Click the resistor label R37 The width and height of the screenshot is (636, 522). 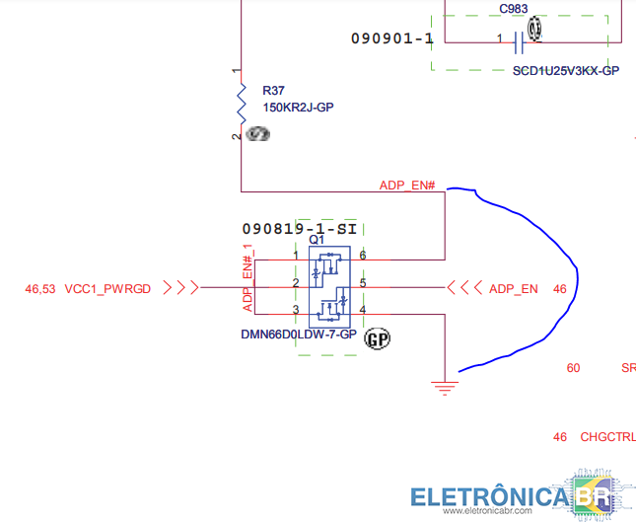pyautogui.click(x=273, y=90)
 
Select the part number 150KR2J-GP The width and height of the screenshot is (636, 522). pyautogui.click(x=298, y=107)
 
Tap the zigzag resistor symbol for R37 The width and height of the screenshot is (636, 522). pyautogui.click(x=242, y=101)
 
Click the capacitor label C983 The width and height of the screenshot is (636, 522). pyautogui.click(x=513, y=9)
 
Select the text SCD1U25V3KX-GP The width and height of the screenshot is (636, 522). pyautogui.click(x=565, y=71)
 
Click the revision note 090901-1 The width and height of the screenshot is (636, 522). pyautogui.click(x=391, y=38)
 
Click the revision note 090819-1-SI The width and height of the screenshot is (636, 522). pyautogui.click(x=299, y=229)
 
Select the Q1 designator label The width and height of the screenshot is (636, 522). pyautogui.click(x=316, y=240)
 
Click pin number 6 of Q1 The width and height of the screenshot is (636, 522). pyautogui.click(x=363, y=256)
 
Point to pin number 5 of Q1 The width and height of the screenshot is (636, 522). pyautogui.click(x=363, y=283)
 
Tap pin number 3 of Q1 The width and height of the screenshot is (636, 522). pyautogui.click(x=295, y=311)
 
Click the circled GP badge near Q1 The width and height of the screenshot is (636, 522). pyautogui.click(x=378, y=339)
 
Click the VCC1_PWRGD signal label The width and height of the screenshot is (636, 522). pyautogui.click(x=107, y=288)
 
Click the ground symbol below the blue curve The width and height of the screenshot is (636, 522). pyautogui.click(x=446, y=386)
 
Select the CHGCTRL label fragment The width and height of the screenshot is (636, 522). pyautogui.click(x=607, y=437)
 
